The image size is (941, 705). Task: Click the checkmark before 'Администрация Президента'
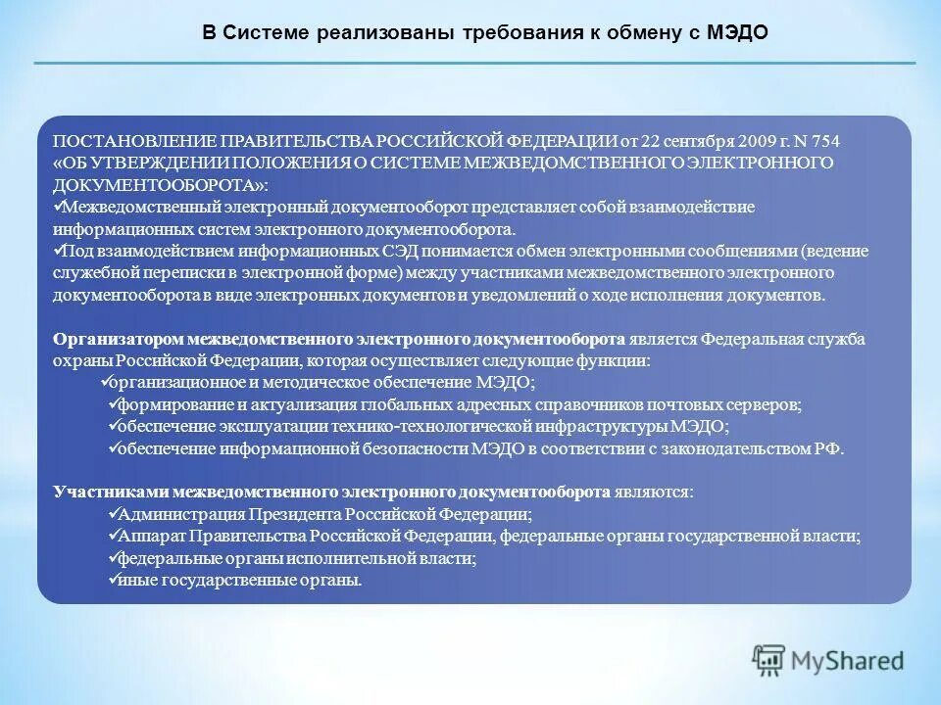pos(112,513)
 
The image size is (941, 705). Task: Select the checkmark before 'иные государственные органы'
pos(112,579)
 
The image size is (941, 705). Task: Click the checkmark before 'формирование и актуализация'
pos(112,403)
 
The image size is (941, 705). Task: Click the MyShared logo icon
pos(770,661)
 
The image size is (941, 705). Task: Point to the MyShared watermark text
pos(849,661)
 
